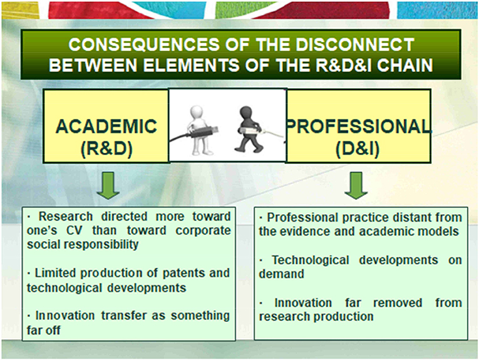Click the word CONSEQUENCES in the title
coord(144,44)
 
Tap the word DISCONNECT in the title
coord(354,44)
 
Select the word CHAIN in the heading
coord(404,65)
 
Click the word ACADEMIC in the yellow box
coord(106,126)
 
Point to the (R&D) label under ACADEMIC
coord(106,149)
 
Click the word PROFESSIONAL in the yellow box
coord(358,126)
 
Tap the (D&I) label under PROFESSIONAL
coord(358,149)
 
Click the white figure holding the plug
coord(198,130)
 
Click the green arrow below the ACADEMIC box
coord(108,185)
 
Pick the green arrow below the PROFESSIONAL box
coord(356,185)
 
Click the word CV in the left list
coord(75,230)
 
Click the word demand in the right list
coord(281,274)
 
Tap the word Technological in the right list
coord(311,260)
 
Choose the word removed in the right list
coord(398,302)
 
